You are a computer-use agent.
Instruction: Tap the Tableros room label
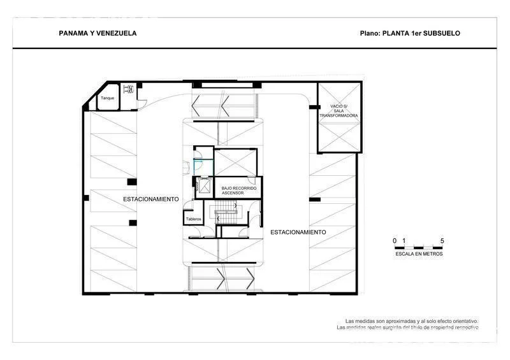pyautogui.click(x=193, y=219)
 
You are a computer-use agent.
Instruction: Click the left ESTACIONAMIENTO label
pyautogui.click(x=151, y=199)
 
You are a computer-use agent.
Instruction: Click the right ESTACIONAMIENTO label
pyautogui.click(x=298, y=232)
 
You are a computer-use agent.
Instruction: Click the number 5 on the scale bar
pyautogui.click(x=442, y=240)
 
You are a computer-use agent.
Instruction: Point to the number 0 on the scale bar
pyautogui.click(x=395, y=240)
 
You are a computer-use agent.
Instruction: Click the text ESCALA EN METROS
pyautogui.click(x=418, y=254)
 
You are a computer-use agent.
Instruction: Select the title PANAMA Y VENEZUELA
pyautogui.click(x=97, y=33)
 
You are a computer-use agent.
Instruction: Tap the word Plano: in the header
pyautogui.click(x=370, y=33)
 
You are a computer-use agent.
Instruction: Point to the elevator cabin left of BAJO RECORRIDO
pyautogui.click(x=205, y=185)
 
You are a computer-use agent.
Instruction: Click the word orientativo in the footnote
pyautogui.click(x=457, y=320)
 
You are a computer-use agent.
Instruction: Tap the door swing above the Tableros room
pyautogui.click(x=189, y=205)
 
